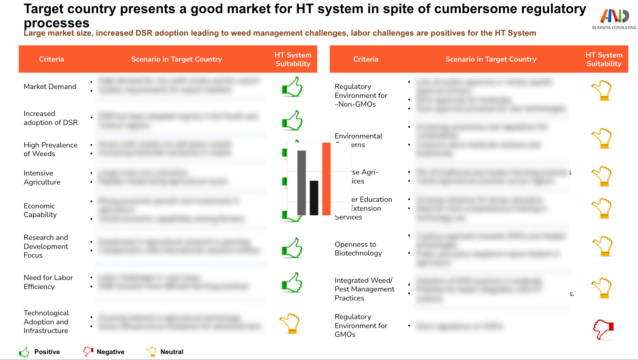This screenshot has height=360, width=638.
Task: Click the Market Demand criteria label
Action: [50, 87]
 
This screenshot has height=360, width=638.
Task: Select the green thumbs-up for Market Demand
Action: [292, 87]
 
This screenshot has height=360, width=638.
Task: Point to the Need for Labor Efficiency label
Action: [48, 282]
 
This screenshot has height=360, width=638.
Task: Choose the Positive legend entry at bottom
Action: [40, 352]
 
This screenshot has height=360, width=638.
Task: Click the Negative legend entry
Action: [104, 352]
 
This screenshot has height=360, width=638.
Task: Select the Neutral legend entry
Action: [165, 352]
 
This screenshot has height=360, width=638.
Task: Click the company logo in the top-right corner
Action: [614, 19]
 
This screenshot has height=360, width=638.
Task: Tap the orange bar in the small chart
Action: [326, 179]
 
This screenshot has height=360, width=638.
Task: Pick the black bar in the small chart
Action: [314, 198]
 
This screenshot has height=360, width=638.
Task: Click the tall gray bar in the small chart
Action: [301, 182]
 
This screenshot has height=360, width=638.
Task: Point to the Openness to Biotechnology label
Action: [358, 249]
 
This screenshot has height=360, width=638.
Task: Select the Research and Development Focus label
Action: [46, 246]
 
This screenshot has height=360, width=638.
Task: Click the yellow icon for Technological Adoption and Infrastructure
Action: [290, 323]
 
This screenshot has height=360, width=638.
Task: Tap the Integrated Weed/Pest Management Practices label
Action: [364, 289]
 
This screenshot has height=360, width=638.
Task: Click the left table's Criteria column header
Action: [51, 59]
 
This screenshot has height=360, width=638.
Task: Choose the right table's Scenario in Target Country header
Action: [491, 59]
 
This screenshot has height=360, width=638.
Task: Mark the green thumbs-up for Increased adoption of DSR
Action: [292, 120]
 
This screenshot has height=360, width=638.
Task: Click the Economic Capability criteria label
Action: [40, 210]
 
